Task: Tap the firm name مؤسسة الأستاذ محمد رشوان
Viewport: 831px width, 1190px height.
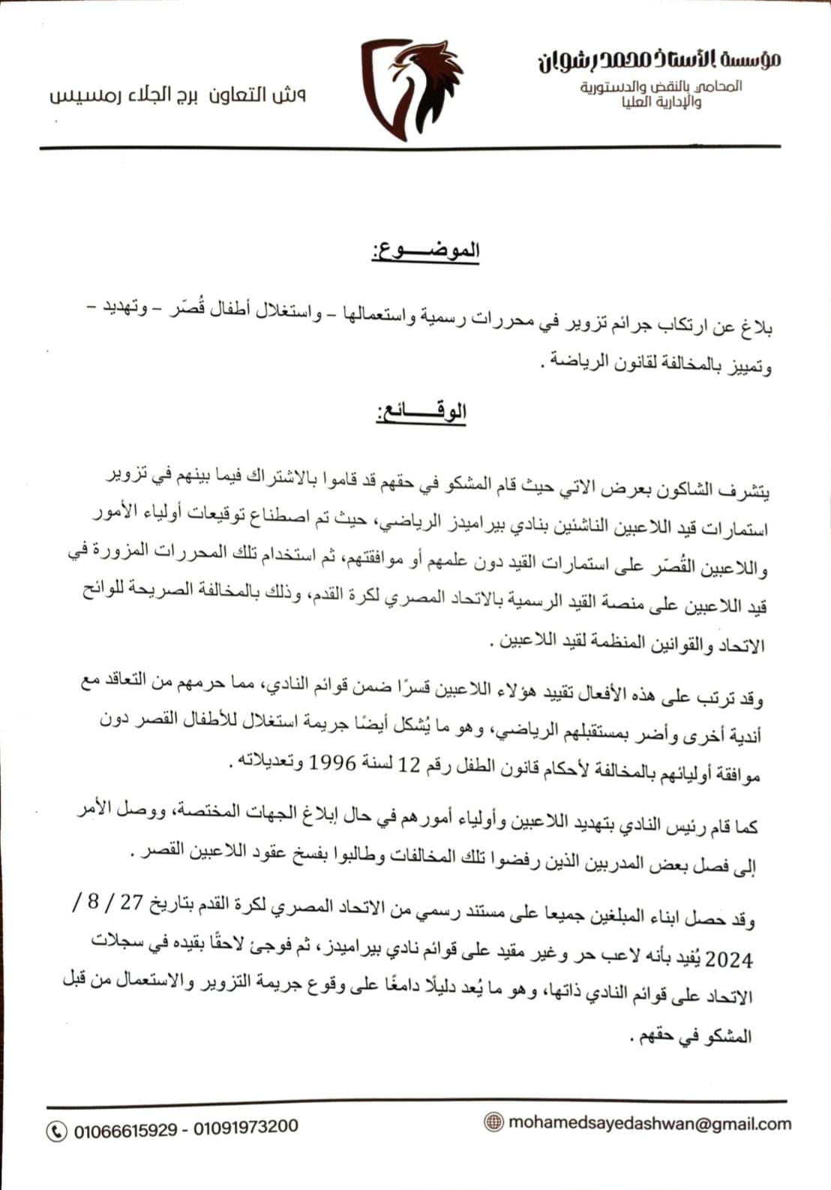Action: point(658,59)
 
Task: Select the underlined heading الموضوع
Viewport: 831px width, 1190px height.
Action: point(425,251)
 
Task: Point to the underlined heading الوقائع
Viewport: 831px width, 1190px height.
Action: point(421,412)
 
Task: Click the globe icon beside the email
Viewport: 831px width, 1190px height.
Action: point(493,1122)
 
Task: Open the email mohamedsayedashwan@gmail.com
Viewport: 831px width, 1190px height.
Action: point(649,1123)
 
